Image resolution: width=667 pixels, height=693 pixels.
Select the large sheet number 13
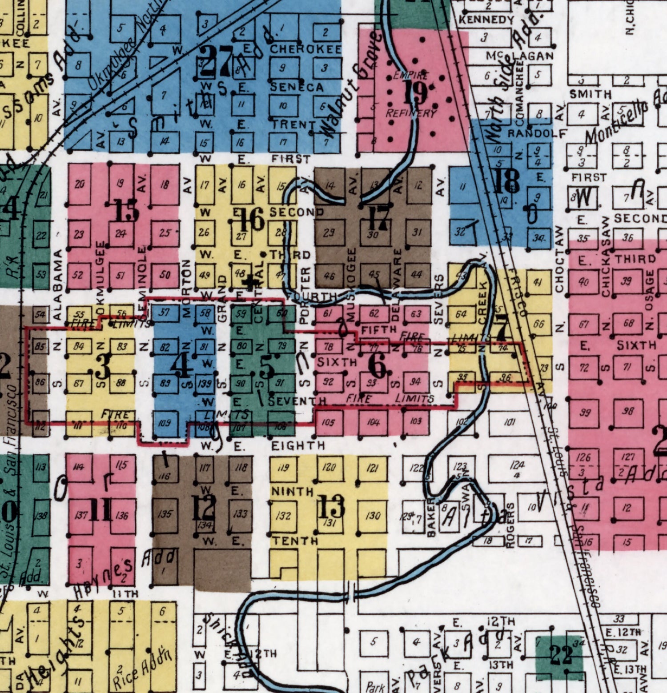tap(332, 506)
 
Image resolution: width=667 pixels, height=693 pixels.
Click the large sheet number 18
tap(507, 180)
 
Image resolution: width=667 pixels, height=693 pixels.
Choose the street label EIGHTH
tap(298, 445)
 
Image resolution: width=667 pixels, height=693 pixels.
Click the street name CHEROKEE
tap(305, 49)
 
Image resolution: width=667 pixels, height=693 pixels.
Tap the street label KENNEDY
tap(486, 20)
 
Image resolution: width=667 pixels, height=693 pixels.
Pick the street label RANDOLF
tap(537, 133)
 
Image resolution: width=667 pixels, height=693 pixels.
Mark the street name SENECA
tap(297, 87)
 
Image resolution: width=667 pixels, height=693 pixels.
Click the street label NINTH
tap(292, 491)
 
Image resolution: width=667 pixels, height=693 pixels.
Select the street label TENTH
tap(295, 541)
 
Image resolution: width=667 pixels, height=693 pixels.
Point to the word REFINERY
tap(410, 113)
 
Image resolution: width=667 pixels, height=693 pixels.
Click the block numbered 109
tap(165, 422)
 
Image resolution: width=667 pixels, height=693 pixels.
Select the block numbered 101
tap(510, 422)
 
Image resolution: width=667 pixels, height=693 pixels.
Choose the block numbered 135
tap(165, 514)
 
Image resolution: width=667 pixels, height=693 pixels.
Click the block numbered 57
tap(165, 312)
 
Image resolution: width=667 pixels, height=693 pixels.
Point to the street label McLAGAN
tap(519, 56)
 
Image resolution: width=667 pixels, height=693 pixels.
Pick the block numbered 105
tap(328, 422)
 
